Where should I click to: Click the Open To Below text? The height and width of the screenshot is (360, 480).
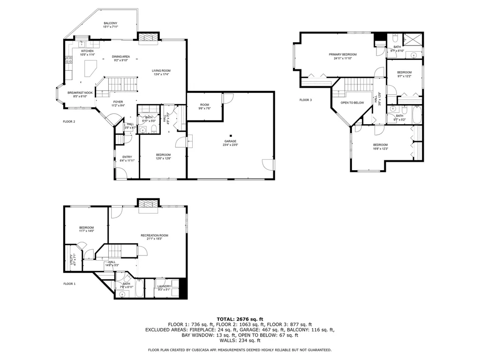(x=352, y=102)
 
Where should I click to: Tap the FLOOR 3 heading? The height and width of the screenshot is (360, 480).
(x=306, y=100)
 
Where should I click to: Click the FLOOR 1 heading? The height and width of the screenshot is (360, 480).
(x=69, y=284)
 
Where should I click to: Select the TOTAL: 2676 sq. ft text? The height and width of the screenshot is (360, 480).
(x=240, y=319)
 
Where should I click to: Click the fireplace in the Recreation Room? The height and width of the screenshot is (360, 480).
(x=147, y=204)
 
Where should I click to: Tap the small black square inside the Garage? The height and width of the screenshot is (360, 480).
(x=231, y=136)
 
